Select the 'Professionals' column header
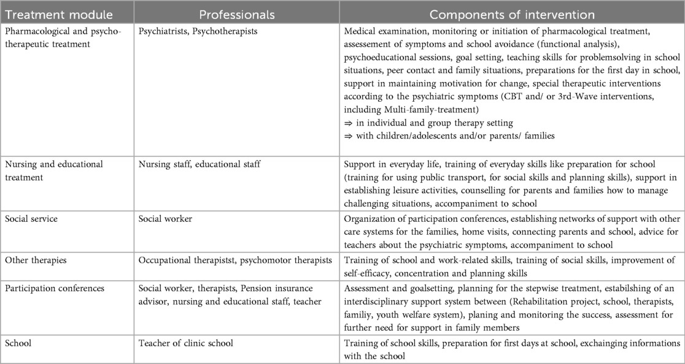coord(236,13)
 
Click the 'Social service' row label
coord(31,219)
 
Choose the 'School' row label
coord(19,343)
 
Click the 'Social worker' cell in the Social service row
coord(166,219)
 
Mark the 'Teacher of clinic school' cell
coord(186,343)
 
